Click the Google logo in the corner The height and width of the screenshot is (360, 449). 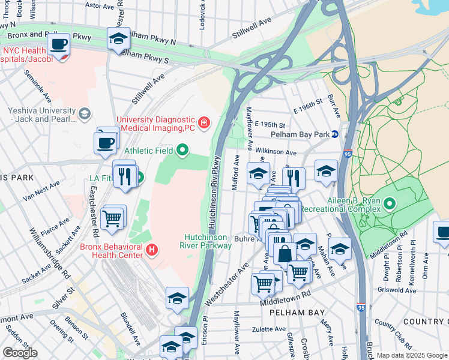click(20, 353)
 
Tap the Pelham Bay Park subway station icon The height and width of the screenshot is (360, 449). click(336, 134)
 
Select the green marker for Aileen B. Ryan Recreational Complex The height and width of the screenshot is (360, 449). click(390, 205)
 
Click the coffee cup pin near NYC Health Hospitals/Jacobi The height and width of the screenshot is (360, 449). click(59, 44)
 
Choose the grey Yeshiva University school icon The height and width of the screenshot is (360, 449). click(85, 112)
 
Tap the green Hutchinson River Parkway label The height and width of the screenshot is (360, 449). click(205, 241)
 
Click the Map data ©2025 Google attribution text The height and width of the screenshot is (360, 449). click(412, 355)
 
